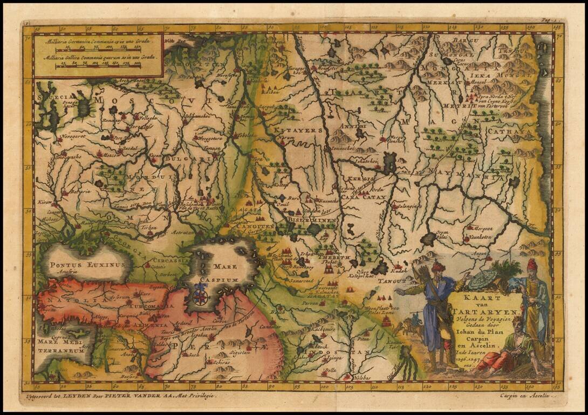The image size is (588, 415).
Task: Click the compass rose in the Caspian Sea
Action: [201, 296]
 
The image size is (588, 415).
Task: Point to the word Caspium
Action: [217, 280]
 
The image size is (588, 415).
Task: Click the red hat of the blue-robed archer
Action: [437, 266]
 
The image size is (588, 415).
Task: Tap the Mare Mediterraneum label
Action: [61, 346]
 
